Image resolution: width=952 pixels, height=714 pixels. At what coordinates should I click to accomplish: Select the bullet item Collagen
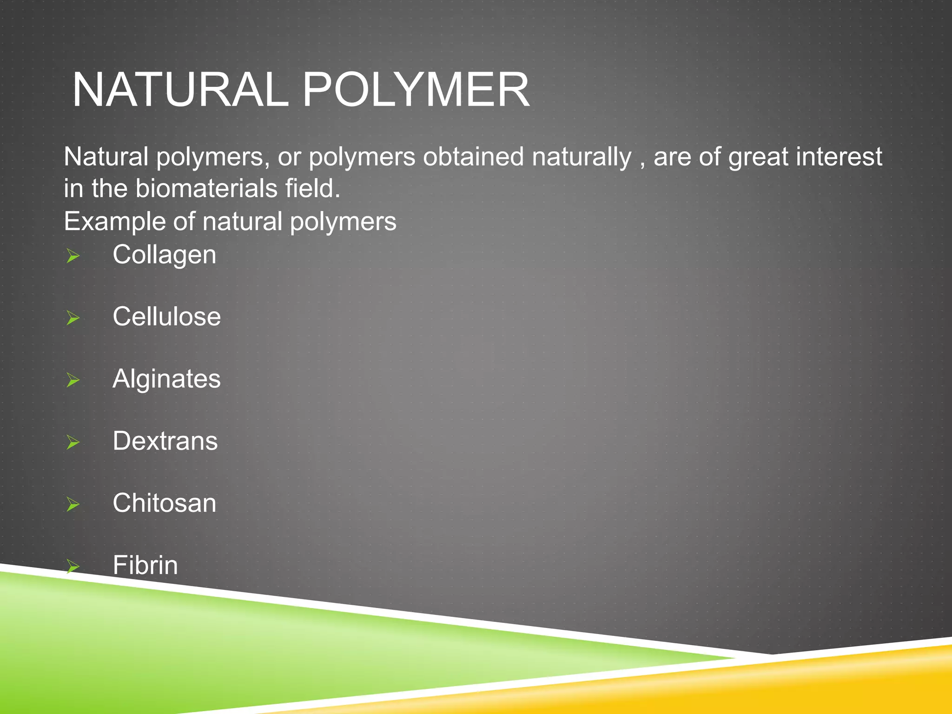[x=164, y=255]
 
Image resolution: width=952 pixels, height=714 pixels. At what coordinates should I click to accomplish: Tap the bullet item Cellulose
[x=166, y=317]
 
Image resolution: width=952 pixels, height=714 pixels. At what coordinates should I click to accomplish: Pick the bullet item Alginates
[x=166, y=379]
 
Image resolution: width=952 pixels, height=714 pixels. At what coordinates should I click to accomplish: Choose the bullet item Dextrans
[x=165, y=441]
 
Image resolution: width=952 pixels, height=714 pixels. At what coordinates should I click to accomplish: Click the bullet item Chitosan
[x=164, y=503]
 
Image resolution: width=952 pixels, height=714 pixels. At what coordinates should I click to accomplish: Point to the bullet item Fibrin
[x=145, y=565]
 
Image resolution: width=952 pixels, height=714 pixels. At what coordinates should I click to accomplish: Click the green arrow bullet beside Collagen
[x=73, y=256]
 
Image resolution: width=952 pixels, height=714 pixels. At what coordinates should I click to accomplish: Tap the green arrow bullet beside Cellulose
[x=73, y=318]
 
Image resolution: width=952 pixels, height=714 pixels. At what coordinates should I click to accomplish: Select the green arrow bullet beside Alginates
[x=73, y=380]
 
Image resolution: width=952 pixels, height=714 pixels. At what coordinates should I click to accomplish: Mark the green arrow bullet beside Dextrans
[x=73, y=443]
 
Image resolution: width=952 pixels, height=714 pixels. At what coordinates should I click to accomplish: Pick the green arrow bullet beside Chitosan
[x=73, y=504]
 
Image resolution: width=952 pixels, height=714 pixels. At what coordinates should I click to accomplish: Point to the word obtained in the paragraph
[x=473, y=157]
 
